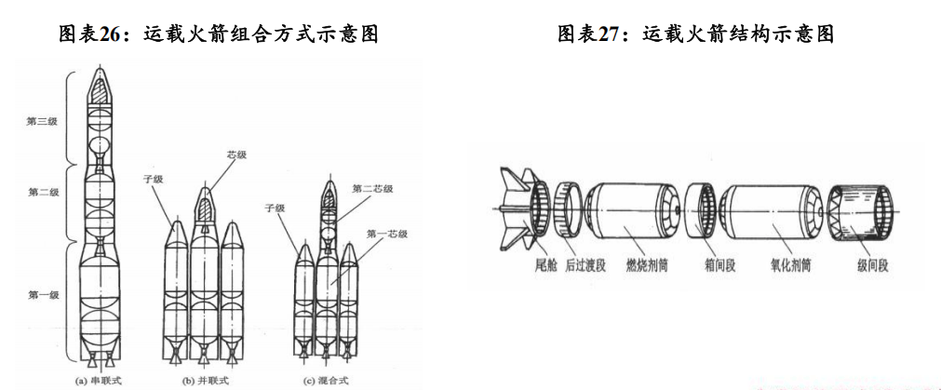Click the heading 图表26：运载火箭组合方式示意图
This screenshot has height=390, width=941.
(219, 34)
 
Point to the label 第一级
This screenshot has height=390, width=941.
(44, 295)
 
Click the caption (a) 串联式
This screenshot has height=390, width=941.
(98, 380)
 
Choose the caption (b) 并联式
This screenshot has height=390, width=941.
(201, 380)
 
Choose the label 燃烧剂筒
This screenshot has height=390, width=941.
(646, 265)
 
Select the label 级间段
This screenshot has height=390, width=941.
(870, 265)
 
